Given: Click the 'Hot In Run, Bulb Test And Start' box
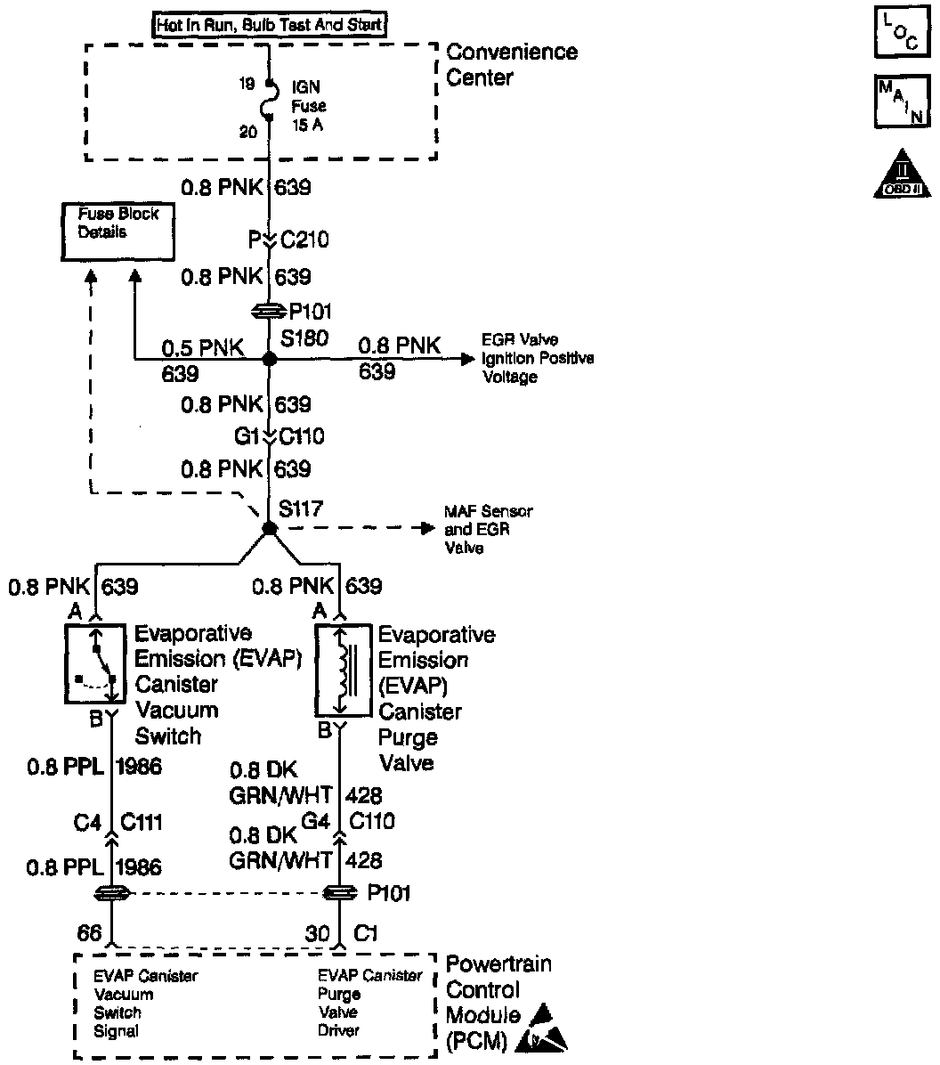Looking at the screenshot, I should pyautogui.click(x=270, y=24).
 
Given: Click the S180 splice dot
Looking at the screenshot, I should pyautogui.click(x=269, y=360).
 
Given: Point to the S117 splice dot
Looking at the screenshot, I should pyautogui.click(x=269, y=529).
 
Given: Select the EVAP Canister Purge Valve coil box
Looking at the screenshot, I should pyautogui.click(x=342, y=669).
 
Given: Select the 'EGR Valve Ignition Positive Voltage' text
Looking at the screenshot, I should pyautogui.click(x=538, y=358).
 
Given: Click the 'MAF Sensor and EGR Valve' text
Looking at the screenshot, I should pyautogui.click(x=489, y=530).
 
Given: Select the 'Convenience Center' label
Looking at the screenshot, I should pyautogui.click(x=511, y=64).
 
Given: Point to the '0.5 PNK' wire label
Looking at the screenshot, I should pyautogui.click(x=203, y=346).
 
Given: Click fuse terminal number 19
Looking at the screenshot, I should pyautogui.click(x=247, y=84).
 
